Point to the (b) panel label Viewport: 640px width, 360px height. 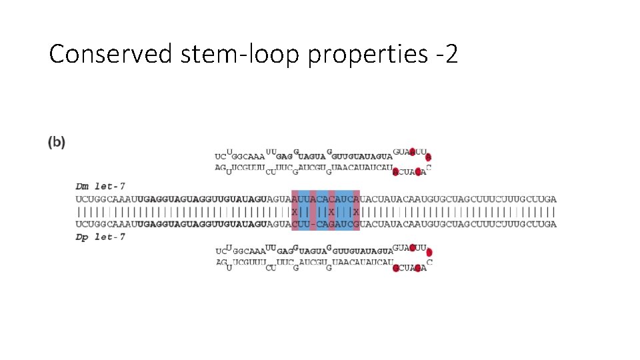[57, 142]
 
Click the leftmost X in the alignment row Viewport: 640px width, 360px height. [295, 212]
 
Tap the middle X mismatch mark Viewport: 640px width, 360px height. [331, 212]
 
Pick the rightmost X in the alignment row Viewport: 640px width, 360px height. [356, 212]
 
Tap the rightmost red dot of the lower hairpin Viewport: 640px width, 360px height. [429, 253]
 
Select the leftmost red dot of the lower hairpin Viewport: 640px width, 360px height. [396, 268]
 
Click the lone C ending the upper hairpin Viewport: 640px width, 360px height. [429, 167]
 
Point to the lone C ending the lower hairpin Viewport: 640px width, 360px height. [429, 263]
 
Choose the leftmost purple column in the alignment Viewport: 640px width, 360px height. [295, 211]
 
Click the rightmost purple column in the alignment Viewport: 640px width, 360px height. [356, 211]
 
